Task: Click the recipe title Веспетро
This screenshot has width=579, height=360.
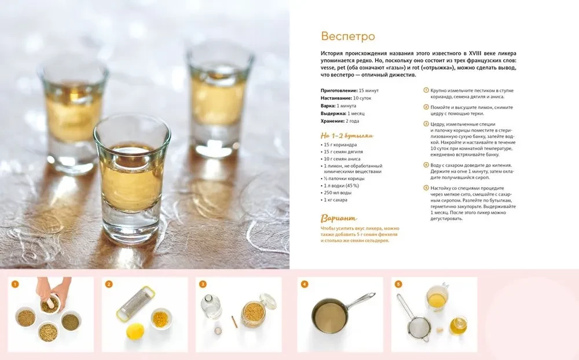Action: pyautogui.click(x=348, y=36)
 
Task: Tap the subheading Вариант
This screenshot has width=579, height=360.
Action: pyautogui.click(x=339, y=218)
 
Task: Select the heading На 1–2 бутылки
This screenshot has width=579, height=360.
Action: pyautogui.click(x=347, y=135)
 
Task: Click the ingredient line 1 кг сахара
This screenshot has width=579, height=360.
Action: pyautogui.click(x=335, y=200)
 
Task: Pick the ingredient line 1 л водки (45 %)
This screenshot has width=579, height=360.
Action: pyautogui.click(x=341, y=186)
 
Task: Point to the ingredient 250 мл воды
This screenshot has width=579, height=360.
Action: pyautogui.click(x=338, y=193)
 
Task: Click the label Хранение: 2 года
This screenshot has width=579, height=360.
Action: pyautogui.click(x=340, y=121)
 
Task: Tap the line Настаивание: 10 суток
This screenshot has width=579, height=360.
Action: pyautogui.click(x=346, y=98)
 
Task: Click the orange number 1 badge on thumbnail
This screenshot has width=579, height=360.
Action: pyautogui.click(x=15, y=284)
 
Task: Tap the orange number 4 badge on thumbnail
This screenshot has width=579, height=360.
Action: pyautogui.click(x=305, y=284)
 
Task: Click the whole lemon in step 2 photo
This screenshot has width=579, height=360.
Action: pyautogui.click(x=135, y=331)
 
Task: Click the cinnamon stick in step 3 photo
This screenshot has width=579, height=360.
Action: pyautogui.click(x=234, y=321)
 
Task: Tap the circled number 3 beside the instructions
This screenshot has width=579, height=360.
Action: pyautogui.click(x=426, y=124)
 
